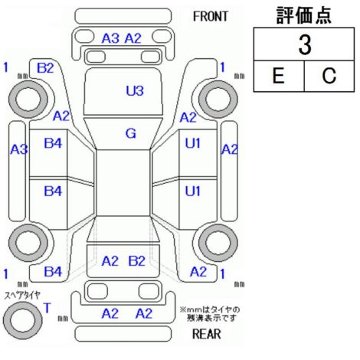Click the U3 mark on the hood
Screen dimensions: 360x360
click(135, 90)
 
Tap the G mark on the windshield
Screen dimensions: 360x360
click(131, 133)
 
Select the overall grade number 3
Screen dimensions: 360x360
click(305, 44)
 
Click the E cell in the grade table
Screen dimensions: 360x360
click(279, 76)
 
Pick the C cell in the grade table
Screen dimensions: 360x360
click(329, 76)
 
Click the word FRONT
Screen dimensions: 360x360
click(211, 17)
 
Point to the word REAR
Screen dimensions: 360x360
click(207, 334)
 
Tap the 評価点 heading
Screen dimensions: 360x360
click(304, 15)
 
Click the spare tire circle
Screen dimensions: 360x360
click(22, 320)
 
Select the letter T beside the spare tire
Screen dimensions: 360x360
click(47, 308)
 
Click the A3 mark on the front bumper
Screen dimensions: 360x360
click(110, 38)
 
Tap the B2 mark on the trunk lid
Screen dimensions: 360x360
click(137, 261)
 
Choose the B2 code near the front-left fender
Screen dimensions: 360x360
click(45, 68)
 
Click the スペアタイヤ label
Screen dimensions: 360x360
click(22, 296)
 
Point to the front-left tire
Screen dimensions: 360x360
click(28, 99)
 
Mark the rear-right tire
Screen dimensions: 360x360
click(218, 243)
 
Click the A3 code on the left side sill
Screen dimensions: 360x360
click(19, 149)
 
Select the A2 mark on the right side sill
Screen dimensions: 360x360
click(230, 149)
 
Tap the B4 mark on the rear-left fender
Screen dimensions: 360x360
click(53, 272)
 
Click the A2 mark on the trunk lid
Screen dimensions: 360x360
click(110, 261)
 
